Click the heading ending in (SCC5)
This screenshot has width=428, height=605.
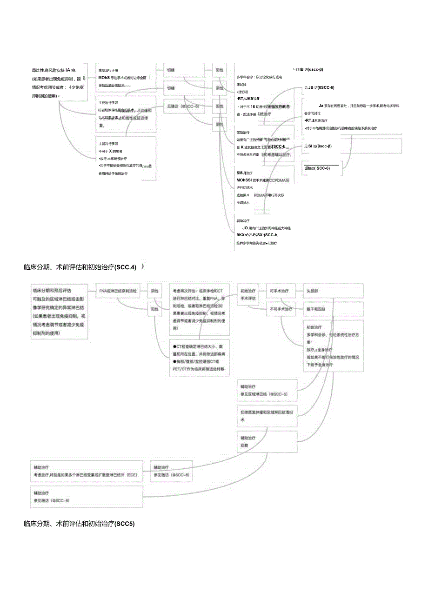pos(79,524)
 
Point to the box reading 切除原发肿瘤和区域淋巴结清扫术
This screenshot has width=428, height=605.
pos(267,415)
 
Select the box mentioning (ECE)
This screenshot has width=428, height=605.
pos(87,471)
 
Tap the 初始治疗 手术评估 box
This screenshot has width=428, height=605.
pos(248,294)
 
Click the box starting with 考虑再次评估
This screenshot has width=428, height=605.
pos(199,309)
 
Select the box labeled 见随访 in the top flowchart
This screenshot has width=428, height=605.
pos(184,106)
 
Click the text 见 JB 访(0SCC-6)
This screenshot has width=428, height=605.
pos(319,88)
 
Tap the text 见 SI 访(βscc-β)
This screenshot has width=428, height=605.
pos(317,146)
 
